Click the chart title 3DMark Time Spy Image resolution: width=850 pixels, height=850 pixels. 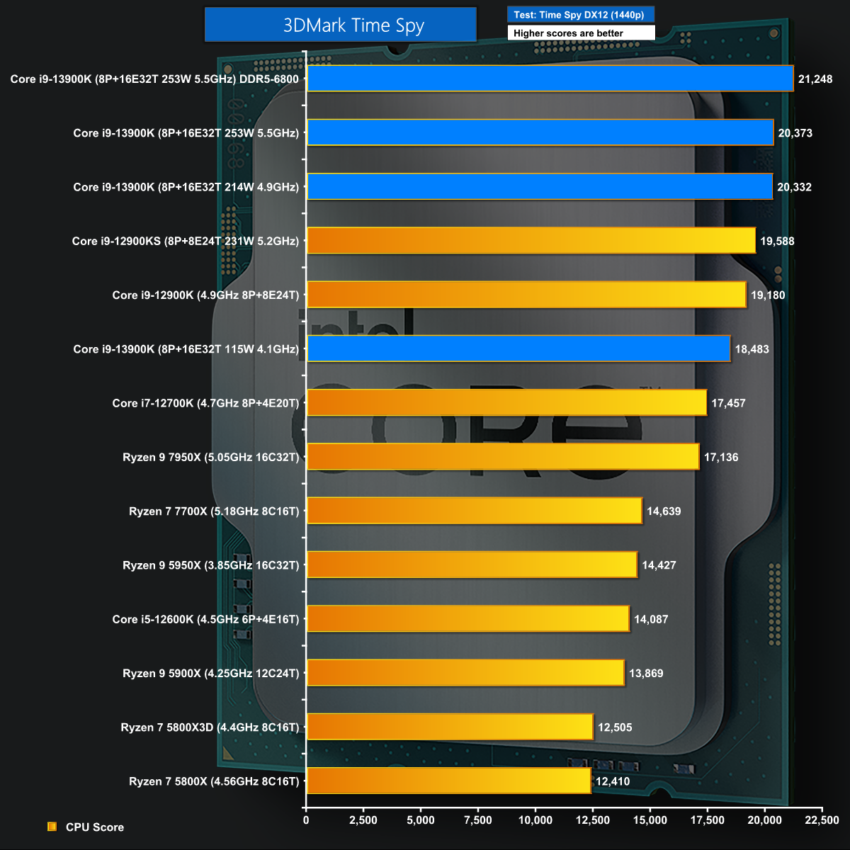click(x=340, y=25)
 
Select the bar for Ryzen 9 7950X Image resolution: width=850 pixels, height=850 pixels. click(x=504, y=457)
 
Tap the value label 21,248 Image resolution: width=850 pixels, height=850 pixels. click(x=815, y=79)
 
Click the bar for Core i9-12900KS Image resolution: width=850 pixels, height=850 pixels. click(x=532, y=241)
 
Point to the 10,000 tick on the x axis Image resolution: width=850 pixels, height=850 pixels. click(x=535, y=820)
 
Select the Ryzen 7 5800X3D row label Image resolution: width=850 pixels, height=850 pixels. click(x=210, y=727)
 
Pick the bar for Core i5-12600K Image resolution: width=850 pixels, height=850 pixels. click(x=468, y=619)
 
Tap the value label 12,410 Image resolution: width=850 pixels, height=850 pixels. click(x=613, y=781)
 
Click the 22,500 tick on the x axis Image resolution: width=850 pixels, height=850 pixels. click(x=822, y=820)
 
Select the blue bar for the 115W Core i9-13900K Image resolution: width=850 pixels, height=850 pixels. click(x=519, y=349)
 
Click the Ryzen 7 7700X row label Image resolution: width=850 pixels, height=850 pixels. click(x=214, y=511)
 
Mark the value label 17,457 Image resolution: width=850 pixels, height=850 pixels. click(x=729, y=403)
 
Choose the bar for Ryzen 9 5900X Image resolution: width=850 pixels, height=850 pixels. click(x=466, y=673)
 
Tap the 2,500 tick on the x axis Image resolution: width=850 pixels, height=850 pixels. click(x=363, y=820)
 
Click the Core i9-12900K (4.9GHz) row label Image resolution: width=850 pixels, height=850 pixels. click(x=205, y=295)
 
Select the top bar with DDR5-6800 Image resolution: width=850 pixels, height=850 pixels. click(x=550, y=79)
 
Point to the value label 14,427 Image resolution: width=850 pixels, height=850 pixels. click(x=659, y=565)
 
